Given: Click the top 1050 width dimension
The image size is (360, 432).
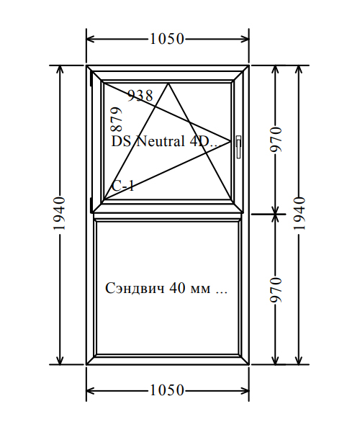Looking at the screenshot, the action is (167, 39).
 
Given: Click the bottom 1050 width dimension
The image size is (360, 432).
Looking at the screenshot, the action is (167, 390).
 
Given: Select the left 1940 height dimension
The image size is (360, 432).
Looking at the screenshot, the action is (60, 213).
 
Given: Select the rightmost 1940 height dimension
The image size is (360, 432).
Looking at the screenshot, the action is (300, 213).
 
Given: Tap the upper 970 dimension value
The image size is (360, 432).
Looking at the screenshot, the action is (276, 140).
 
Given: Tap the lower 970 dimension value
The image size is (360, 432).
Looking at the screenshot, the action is (276, 289).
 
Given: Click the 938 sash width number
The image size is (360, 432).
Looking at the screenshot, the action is (140, 96).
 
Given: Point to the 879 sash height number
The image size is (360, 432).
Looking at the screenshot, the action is (116, 120).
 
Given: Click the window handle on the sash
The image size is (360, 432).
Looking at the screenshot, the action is (238, 147).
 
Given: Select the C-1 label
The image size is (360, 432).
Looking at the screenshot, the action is (123, 186).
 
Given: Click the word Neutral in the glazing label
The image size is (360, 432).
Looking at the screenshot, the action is (160, 142).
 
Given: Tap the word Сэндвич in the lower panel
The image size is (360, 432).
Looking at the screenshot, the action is (135, 288).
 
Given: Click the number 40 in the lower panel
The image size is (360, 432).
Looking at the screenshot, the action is (177, 288).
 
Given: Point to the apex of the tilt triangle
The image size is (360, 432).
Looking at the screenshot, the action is (168, 84).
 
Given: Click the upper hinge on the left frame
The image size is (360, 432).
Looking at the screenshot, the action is (91, 78).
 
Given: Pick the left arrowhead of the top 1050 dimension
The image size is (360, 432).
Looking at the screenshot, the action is (91, 39).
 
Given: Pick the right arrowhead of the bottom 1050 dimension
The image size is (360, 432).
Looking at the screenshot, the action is (245, 390).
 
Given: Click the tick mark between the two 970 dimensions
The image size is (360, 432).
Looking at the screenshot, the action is (269, 214).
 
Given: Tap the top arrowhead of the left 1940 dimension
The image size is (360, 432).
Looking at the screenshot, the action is (60, 70).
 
